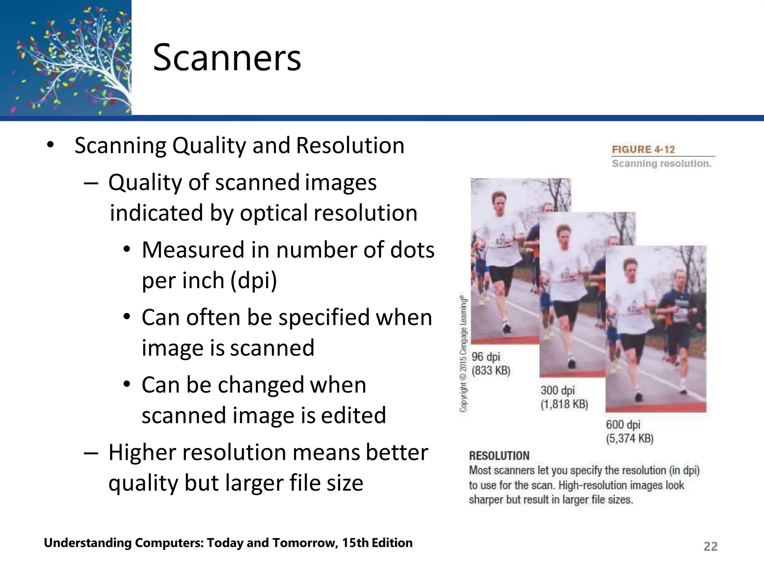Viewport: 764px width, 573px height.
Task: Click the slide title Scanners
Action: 227,58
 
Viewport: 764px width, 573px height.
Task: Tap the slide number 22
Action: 710,546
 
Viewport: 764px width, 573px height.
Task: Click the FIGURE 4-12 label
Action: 643,149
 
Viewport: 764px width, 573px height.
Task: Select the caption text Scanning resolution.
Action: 661,163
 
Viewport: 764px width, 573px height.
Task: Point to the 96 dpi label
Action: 486,357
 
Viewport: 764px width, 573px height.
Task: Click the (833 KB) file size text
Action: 491,370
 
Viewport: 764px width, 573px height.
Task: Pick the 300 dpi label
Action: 557,391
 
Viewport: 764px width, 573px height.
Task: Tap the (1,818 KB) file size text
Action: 564,404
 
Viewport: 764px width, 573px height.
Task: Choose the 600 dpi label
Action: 623,425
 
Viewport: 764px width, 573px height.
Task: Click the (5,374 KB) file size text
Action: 629,438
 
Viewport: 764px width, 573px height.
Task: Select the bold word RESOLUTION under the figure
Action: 499,455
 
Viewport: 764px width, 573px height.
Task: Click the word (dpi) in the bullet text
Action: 254,280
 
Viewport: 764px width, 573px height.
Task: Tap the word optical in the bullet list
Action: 273,213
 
